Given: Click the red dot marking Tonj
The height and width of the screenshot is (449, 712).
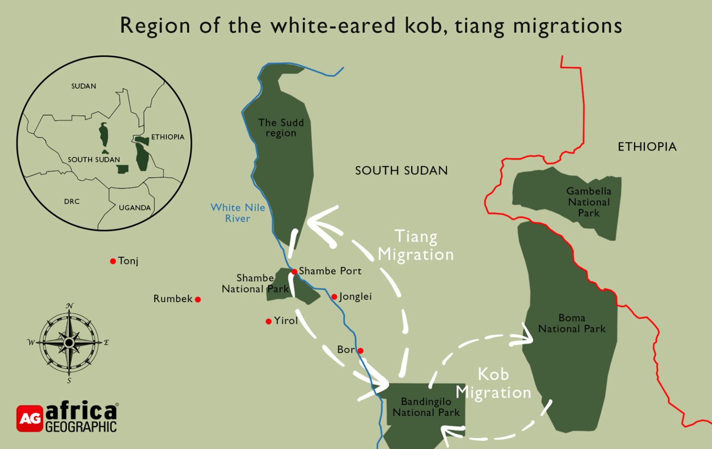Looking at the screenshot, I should click(113, 261).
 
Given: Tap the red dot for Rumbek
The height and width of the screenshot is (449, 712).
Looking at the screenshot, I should click(198, 299).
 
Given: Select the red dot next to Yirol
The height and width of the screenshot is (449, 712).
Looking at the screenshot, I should click(268, 321).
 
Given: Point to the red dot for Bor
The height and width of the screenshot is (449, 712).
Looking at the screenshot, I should click(361, 351).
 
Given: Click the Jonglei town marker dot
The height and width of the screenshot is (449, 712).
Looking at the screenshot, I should click(334, 297).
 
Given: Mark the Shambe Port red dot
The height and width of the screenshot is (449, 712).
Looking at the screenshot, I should click(294, 272).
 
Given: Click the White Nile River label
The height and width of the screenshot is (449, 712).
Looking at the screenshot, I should click(238, 213).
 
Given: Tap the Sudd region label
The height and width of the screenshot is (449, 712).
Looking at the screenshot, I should click(281, 128).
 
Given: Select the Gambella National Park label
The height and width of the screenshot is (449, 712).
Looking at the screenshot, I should click(589, 202).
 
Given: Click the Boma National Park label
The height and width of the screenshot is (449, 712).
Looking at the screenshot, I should click(572, 323).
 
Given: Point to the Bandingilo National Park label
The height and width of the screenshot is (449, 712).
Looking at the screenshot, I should click(426, 407).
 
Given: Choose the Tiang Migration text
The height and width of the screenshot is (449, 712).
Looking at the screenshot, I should click(416, 246).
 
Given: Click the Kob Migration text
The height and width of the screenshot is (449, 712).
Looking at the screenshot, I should click(493, 383).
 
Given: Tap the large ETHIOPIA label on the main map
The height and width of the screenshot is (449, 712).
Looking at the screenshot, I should click(647, 147).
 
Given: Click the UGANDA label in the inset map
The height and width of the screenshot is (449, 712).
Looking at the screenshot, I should click(134, 208).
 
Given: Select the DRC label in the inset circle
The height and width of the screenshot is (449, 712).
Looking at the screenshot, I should click(72, 202).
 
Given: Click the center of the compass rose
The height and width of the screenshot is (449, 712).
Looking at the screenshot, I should click(69, 343).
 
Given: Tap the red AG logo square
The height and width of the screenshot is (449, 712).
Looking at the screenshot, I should click(30, 418).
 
